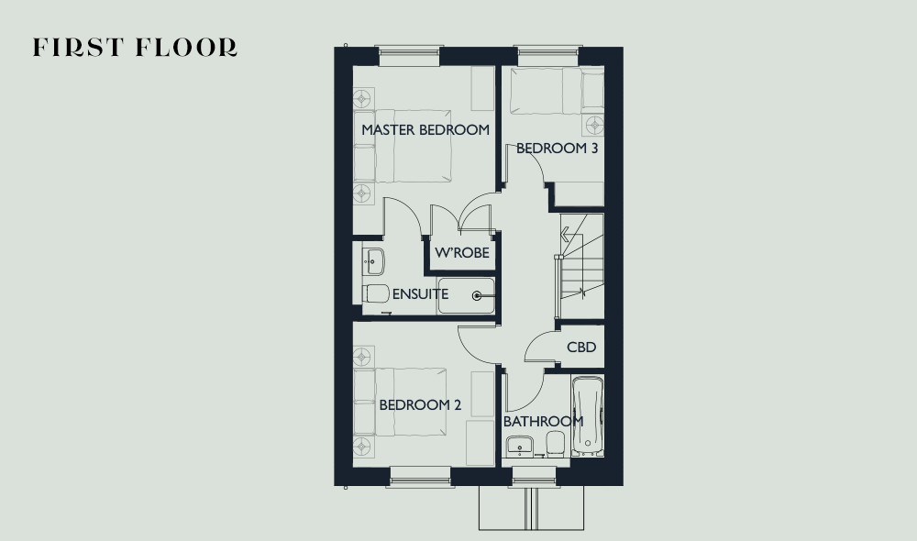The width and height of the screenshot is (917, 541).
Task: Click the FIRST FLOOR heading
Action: pos(135,48)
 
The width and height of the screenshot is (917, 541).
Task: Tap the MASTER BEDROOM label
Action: pos(425,130)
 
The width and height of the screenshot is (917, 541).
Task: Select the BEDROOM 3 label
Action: pos(557,149)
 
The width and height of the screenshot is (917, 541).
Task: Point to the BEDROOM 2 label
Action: pos(420,404)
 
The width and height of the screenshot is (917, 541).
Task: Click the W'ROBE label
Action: pos(462,253)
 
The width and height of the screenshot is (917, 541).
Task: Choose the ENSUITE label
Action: pos(420,294)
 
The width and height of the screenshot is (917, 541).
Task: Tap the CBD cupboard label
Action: pos(581,348)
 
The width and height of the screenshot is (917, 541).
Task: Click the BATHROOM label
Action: pos(543,421)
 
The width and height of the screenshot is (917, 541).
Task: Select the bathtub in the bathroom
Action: pos(588,416)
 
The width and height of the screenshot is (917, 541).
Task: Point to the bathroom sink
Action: pos(519,446)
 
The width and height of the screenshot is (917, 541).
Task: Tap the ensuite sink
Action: pos(373,261)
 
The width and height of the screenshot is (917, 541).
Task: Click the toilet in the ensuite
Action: pos(375,293)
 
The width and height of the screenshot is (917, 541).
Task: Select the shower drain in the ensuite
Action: pos(477,296)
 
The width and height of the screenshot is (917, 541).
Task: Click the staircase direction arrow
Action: pos(566,235)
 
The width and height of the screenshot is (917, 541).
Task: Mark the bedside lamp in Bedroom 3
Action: pos(595,125)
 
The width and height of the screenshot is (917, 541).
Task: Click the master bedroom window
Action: pos(409,56)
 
